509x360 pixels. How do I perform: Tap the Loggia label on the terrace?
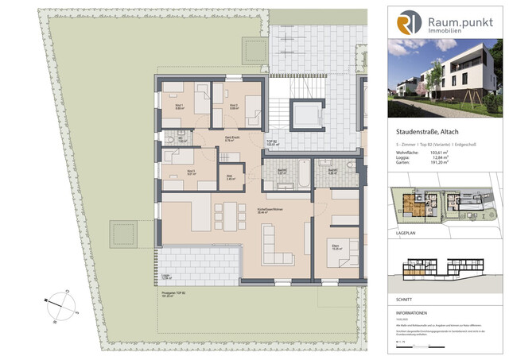click(167, 277)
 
